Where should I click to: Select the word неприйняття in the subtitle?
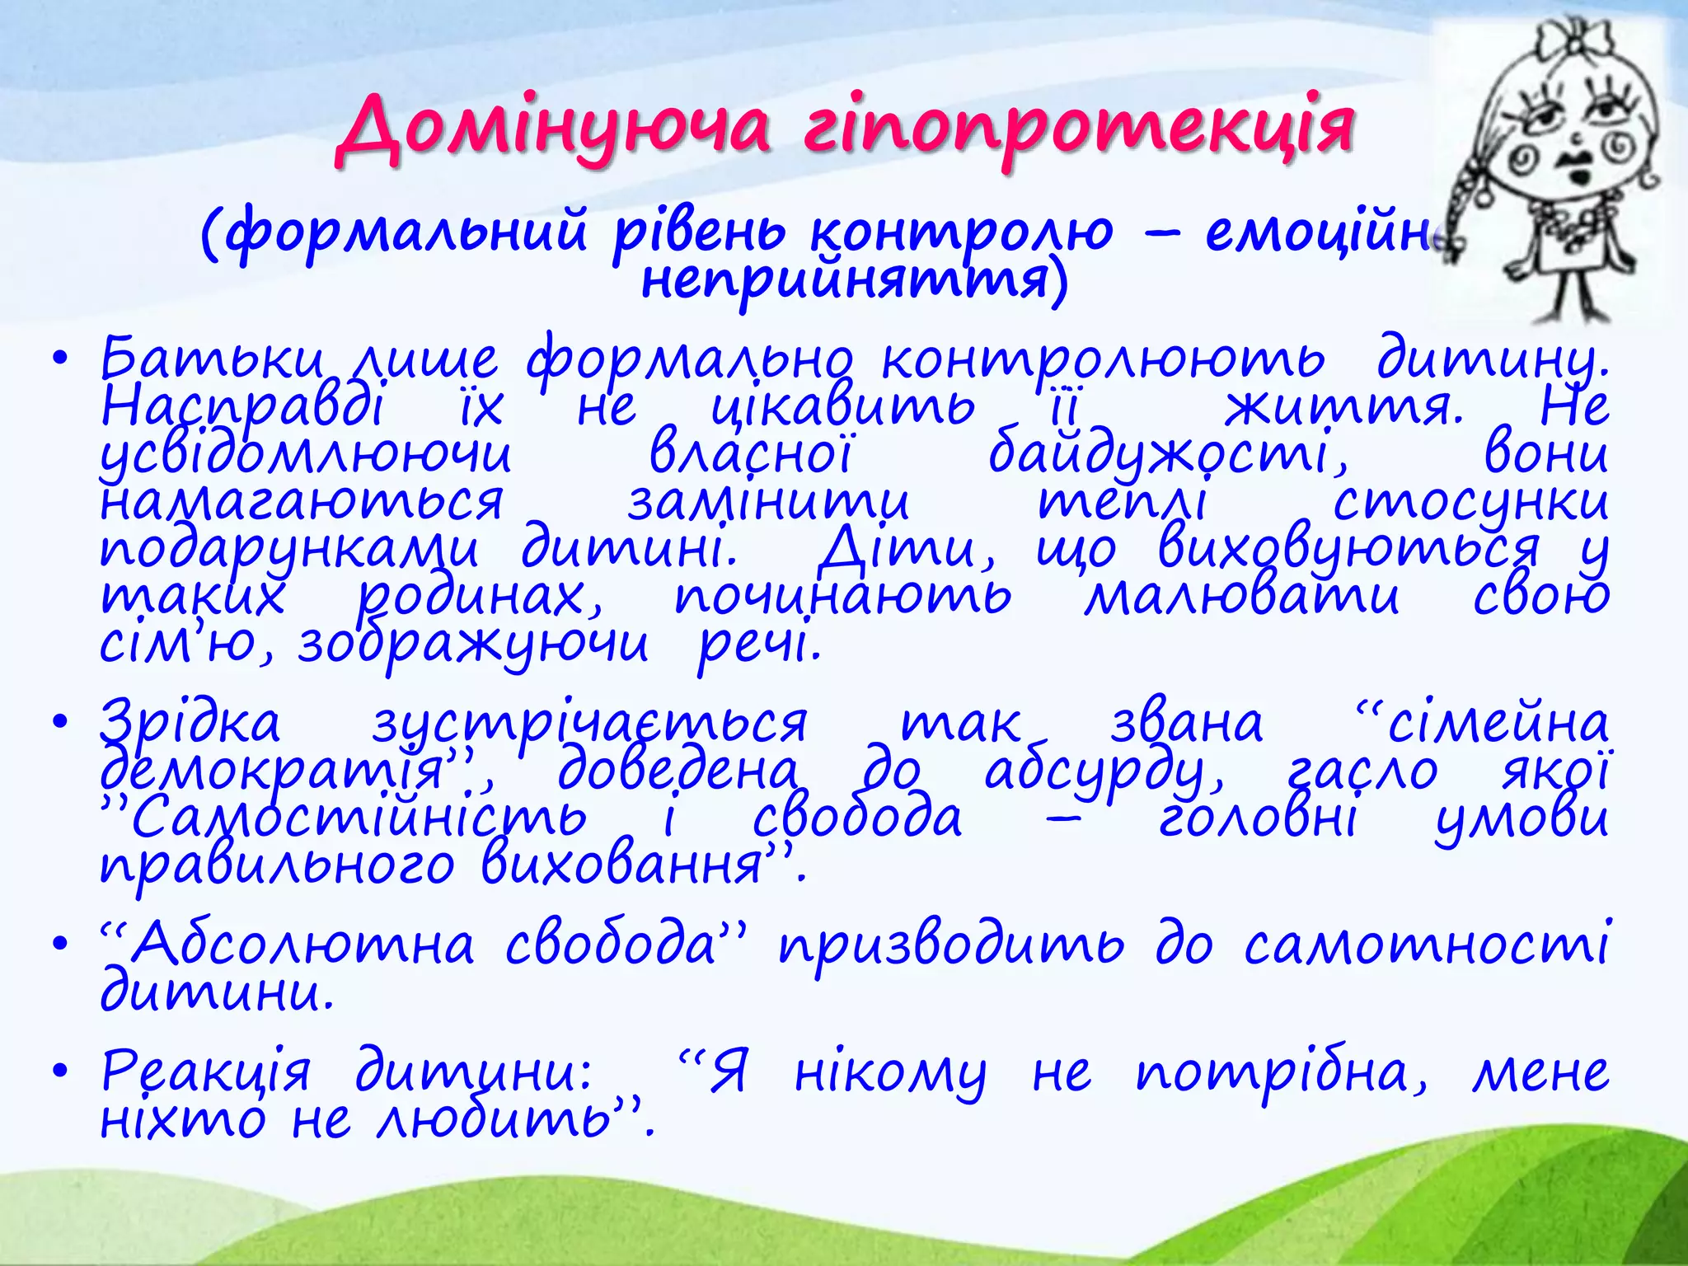(x=853, y=280)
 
